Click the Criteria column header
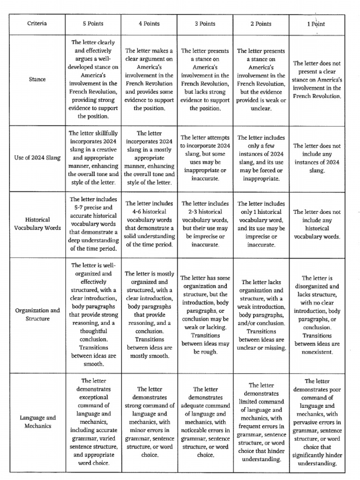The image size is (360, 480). (x=37, y=23)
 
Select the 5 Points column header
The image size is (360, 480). (x=93, y=23)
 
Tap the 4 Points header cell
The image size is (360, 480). (x=149, y=23)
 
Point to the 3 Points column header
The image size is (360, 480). (x=205, y=23)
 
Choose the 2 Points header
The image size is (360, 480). (x=261, y=23)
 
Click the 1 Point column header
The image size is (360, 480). (x=316, y=23)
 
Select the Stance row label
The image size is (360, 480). (x=37, y=79)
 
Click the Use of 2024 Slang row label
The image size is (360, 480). (x=37, y=157)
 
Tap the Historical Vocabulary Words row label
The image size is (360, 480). (x=37, y=224)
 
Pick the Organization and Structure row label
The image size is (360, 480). (x=37, y=314)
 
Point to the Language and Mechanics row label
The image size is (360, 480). (x=37, y=421)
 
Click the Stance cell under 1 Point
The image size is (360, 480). (x=316, y=79)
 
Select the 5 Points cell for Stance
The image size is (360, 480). (x=93, y=79)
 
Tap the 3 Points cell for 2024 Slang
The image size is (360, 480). (x=205, y=157)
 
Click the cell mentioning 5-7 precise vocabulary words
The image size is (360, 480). (x=93, y=224)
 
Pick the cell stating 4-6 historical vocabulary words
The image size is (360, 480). (x=149, y=224)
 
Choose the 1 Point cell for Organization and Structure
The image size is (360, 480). (x=316, y=314)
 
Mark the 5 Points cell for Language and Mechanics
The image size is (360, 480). (x=93, y=421)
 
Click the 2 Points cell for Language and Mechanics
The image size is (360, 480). (x=261, y=421)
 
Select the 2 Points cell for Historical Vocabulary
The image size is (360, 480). (x=261, y=224)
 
